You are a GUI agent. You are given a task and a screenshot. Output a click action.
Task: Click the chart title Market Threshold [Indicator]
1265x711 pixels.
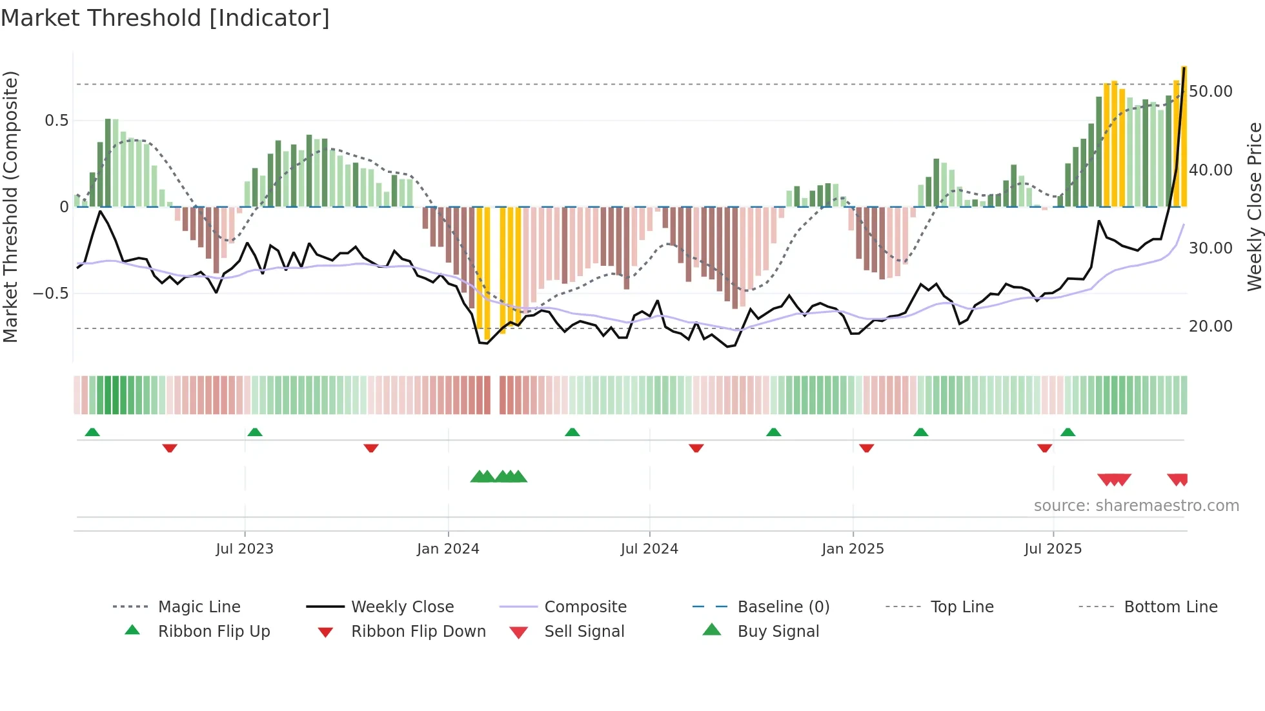pos(165,18)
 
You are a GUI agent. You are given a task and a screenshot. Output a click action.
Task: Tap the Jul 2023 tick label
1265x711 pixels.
pos(245,549)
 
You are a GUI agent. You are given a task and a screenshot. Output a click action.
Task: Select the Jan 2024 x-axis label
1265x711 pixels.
pos(448,549)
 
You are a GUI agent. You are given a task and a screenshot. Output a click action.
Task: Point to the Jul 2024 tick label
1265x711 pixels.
pos(649,549)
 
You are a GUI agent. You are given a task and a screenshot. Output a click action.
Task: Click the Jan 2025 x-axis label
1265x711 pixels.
pos(853,549)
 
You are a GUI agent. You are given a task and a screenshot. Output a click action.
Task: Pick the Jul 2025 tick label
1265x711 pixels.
pos(1053,549)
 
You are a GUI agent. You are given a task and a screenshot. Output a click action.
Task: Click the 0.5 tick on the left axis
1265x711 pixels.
pos(56,121)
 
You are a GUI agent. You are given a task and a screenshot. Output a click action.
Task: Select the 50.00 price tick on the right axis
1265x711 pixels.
pos(1211,92)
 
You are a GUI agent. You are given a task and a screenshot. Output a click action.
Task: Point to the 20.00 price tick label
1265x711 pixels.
pos(1211,326)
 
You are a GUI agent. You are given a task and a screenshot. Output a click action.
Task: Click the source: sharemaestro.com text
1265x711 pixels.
pos(1136,506)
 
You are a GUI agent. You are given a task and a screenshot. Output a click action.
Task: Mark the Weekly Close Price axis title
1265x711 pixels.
pos(1254,206)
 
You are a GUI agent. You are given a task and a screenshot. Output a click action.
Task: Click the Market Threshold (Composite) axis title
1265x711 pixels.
pos(10,206)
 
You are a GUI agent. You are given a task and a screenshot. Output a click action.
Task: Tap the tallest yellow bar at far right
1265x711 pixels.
pos(1184,135)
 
